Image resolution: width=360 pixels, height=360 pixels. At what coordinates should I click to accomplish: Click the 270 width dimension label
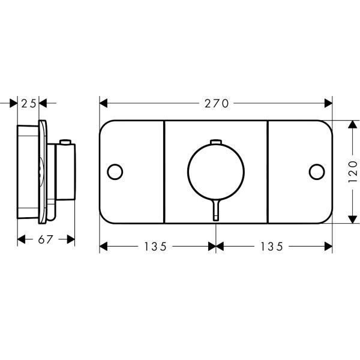[x=217, y=104]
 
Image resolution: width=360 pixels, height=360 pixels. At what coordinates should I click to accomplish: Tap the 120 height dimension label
[x=353, y=172]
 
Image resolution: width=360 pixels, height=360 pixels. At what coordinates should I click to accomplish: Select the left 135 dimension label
[x=155, y=247]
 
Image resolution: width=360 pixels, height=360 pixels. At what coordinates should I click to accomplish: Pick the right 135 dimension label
[x=272, y=247]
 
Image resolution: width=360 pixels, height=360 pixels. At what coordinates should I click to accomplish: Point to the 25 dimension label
[x=29, y=104]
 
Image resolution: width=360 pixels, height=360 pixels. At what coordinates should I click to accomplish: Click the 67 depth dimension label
[x=46, y=239]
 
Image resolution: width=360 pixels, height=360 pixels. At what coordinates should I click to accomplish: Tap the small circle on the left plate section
[x=115, y=172]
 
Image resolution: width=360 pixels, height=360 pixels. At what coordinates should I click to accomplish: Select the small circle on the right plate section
[x=317, y=172]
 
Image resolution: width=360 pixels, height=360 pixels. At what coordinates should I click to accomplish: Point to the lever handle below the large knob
[x=216, y=210]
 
